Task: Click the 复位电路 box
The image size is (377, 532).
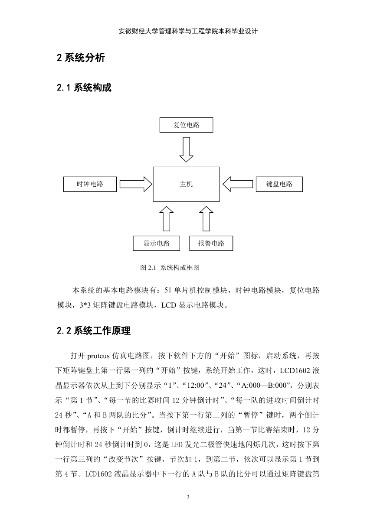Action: click(186, 125)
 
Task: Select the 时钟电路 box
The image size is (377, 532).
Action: click(90, 184)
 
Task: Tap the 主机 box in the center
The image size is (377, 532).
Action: click(186, 184)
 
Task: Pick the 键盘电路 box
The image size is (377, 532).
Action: click(279, 184)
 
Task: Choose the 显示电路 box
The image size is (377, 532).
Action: click(156, 243)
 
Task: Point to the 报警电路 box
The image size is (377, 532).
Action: click(211, 243)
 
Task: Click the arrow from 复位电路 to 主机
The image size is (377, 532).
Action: click(186, 149)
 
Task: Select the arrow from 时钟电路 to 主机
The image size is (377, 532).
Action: click(136, 184)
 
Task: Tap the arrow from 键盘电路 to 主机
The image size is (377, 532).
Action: click(238, 184)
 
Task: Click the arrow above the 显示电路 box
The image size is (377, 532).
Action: click(166, 218)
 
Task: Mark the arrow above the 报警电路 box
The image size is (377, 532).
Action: click(206, 218)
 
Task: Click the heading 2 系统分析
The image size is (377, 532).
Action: click(81, 58)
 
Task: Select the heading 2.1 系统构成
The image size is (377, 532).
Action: click(84, 88)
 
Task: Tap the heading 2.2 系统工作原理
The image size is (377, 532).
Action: click(94, 331)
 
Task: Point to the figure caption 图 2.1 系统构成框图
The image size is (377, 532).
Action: click(170, 268)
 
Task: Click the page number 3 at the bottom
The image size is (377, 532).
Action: click(188, 497)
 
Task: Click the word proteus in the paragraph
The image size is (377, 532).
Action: click(98, 356)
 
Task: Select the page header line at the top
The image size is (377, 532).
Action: click(188, 31)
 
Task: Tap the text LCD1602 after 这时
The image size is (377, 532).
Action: click(295, 371)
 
